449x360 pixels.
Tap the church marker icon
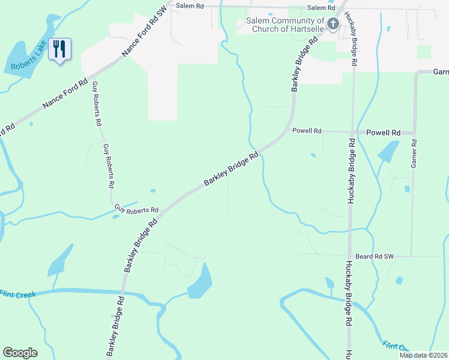pos(333,23)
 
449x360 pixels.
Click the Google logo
pos(20,353)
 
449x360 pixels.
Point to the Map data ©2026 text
pos(423,355)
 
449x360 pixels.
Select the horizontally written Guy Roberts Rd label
pos(137,210)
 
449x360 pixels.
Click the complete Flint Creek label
pos(18,294)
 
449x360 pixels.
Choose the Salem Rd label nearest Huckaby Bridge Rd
pos(321,8)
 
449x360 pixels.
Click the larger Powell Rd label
pos(383,133)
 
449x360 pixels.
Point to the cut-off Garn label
pos(441,71)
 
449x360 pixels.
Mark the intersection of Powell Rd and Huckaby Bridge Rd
pos(351,131)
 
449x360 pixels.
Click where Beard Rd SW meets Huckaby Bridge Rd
pos(349,256)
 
